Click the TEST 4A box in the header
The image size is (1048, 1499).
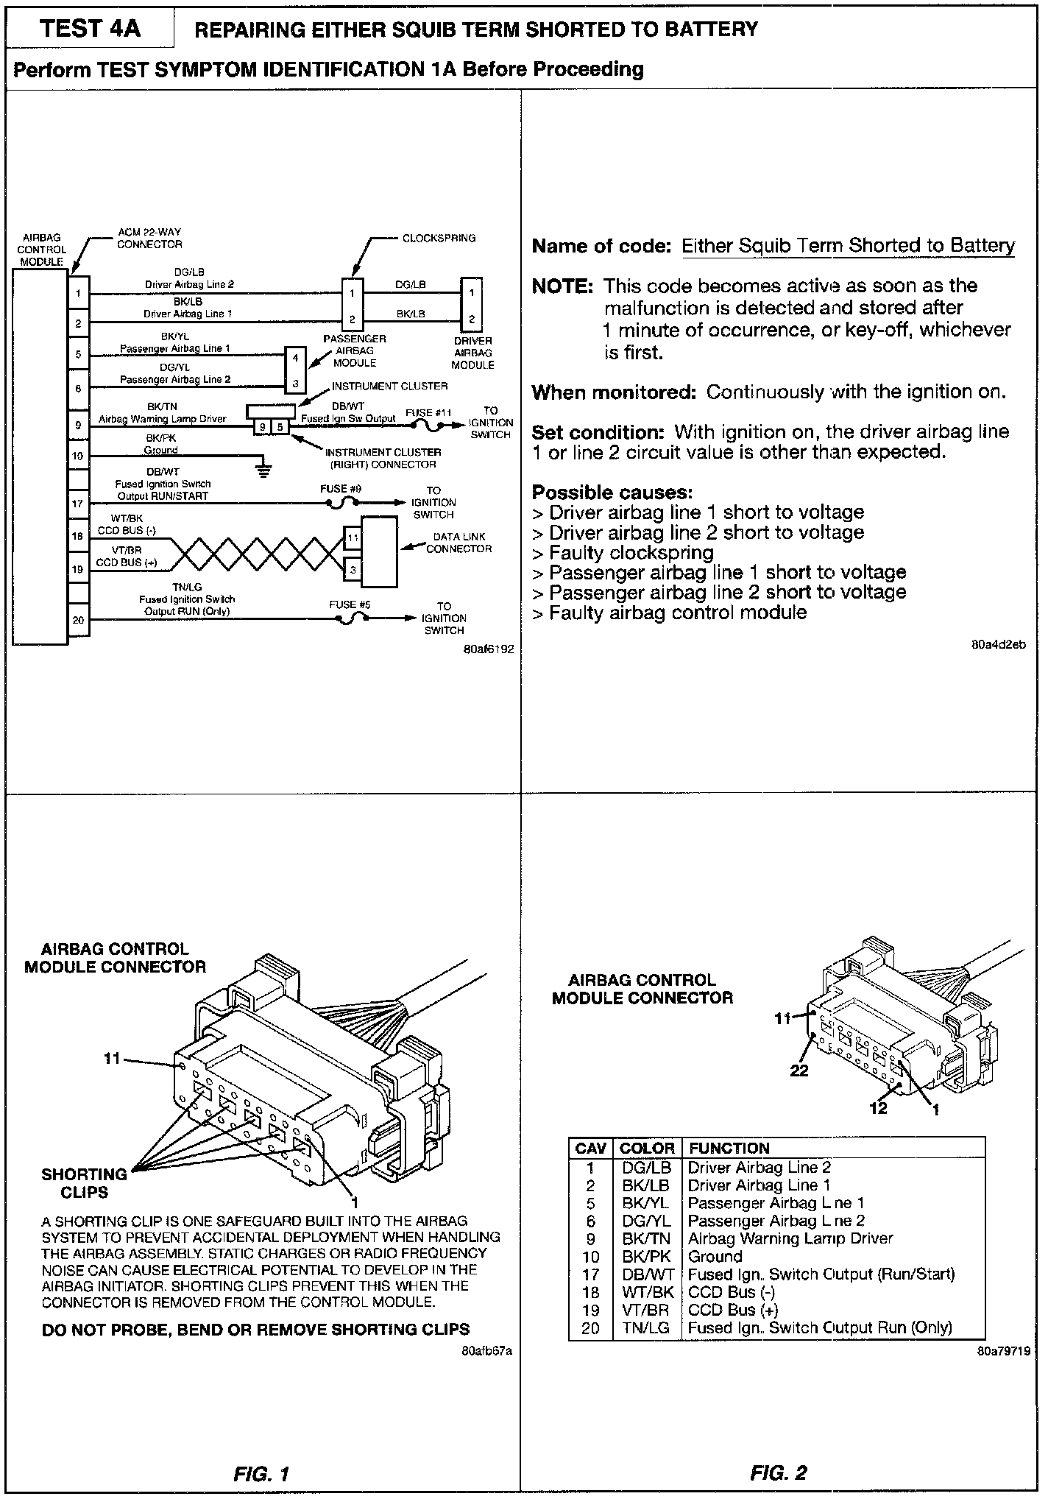(90, 29)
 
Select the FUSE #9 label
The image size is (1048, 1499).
(341, 488)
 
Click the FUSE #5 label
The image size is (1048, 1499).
(350, 604)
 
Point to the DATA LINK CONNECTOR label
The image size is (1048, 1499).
(458, 543)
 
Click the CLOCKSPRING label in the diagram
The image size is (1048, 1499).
(439, 238)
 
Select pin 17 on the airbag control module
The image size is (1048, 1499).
(78, 504)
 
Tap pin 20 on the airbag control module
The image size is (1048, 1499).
(78, 620)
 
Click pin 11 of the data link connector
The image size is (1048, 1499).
(353, 537)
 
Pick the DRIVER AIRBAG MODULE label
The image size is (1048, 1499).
(472, 353)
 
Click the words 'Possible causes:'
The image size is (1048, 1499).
(612, 492)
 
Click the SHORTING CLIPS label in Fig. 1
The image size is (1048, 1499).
(84, 1183)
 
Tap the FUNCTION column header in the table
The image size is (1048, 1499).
(729, 1148)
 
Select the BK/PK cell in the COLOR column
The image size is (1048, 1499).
(646, 1256)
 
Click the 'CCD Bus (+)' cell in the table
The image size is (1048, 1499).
(732, 1310)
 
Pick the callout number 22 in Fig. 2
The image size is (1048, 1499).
(799, 1071)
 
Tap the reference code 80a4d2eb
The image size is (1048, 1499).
(999, 645)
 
